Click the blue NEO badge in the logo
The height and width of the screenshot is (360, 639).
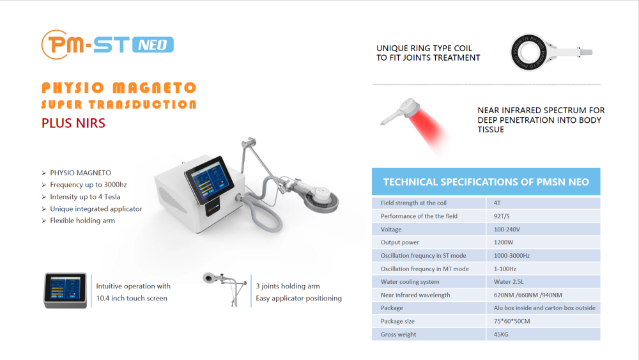(x=153, y=44)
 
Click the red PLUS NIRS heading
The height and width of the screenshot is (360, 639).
(x=73, y=123)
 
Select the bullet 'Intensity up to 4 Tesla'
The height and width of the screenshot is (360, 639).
(x=85, y=196)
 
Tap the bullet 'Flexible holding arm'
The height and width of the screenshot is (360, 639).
(x=82, y=221)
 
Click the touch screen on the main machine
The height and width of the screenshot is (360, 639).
(x=209, y=180)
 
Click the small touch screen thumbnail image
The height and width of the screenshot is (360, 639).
(x=65, y=290)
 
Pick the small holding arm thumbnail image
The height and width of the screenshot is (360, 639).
(x=225, y=288)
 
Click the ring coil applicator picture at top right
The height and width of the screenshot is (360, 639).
(x=550, y=52)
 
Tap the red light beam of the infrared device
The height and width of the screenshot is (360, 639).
(x=429, y=130)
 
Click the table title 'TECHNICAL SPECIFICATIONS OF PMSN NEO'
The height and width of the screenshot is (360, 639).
(x=486, y=182)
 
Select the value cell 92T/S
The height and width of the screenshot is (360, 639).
(x=502, y=216)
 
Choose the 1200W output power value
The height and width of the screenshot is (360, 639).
(x=504, y=242)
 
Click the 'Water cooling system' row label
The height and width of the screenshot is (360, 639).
(x=410, y=282)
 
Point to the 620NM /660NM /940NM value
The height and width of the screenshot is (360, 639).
(x=528, y=295)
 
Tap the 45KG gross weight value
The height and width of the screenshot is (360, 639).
(x=501, y=334)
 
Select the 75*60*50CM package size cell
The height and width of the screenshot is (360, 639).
(x=512, y=321)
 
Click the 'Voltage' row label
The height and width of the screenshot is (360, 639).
(x=391, y=230)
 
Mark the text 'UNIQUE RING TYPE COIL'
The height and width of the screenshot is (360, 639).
(x=424, y=48)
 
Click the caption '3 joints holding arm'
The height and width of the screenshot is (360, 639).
(x=288, y=286)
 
